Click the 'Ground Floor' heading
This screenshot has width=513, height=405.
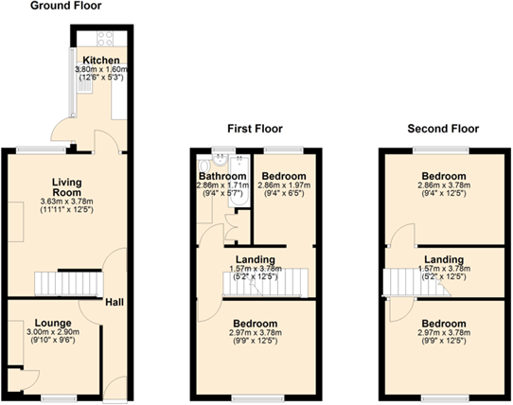click(x=65, y=7)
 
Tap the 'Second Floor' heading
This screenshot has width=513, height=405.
click(x=442, y=128)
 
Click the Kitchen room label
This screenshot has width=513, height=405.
click(x=100, y=60)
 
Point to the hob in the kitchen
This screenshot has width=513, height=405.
click(x=105, y=40)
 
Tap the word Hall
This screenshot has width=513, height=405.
click(x=115, y=303)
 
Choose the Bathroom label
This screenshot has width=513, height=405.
click(x=222, y=176)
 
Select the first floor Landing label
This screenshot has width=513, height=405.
click(x=255, y=259)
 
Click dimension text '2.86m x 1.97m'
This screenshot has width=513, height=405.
click(x=283, y=186)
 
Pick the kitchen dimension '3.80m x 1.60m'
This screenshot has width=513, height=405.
click(x=100, y=69)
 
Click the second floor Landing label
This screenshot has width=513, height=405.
click(x=443, y=259)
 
